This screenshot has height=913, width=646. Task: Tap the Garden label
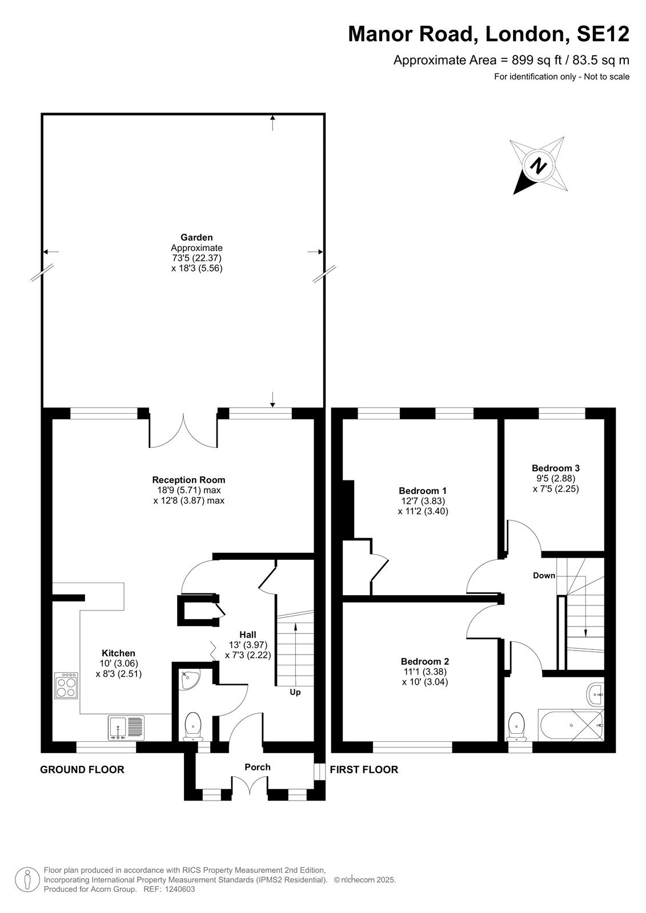point(196,237)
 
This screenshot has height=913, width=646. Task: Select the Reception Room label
point(188,480)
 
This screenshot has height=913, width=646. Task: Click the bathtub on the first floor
point(571,725)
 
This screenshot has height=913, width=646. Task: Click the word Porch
point(258,767)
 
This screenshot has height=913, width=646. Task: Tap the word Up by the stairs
point(295,693)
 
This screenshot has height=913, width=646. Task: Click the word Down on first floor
point(544,576)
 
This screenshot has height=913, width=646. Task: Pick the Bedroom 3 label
point(555,468)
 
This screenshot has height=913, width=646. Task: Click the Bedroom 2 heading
point(425,661)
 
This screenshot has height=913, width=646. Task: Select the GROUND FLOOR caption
point(82,770)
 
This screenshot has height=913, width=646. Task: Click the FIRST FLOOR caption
point(364,770)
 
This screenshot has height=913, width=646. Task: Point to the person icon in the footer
point(26,880)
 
